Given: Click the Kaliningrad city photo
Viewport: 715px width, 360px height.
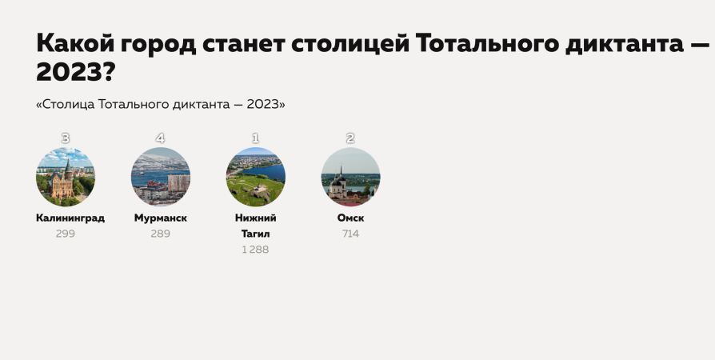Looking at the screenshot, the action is click(66, 177).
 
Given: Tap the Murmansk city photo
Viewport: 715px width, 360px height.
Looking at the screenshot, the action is click(161, 177).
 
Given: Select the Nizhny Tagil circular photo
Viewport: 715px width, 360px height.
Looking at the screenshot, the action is click(255, 177).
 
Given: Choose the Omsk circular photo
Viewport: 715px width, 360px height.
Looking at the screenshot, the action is click(350, 177).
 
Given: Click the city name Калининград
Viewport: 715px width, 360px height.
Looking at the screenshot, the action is click(70, 218).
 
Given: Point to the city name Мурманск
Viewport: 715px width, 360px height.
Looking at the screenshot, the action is click(161, 218).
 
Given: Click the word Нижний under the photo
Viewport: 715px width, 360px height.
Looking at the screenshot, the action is click(256, 218).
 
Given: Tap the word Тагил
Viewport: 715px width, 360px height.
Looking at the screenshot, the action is click(256, 234).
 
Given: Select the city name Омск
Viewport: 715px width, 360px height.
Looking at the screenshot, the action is click(350, 218).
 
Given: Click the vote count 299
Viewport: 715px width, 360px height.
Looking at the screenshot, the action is click(66, 234).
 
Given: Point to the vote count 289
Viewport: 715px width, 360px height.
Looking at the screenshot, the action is click(161, 234).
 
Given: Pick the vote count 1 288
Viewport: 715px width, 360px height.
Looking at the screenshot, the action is click(255, 250).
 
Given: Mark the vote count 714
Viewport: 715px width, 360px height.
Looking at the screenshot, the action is click(350, 234).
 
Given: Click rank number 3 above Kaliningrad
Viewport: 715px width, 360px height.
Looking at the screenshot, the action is click(66, 138).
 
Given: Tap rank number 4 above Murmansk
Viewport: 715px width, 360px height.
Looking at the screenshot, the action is click(160, 138).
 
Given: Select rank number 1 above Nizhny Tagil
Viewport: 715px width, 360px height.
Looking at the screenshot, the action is click(255, 138).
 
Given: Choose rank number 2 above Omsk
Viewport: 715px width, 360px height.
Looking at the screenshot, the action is click(350, 138).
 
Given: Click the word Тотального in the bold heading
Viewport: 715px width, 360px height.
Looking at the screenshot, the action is click(487, 44).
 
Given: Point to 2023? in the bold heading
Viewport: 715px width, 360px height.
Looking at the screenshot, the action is click(75, 72).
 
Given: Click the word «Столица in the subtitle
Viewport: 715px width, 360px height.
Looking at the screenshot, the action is click(66, 105).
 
